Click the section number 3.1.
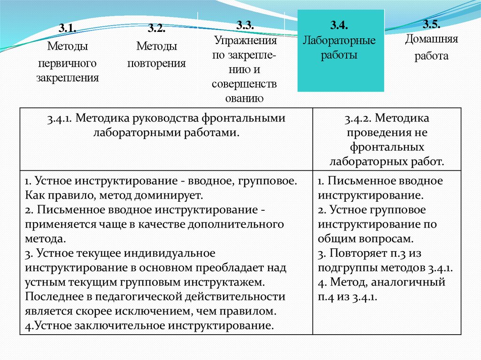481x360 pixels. tap(68, 29)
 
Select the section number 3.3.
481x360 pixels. tap(244, 24)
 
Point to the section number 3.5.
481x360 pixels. tap(431, 24)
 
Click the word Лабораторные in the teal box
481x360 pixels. tap(339, 40)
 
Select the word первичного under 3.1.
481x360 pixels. tap(68, 62)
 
